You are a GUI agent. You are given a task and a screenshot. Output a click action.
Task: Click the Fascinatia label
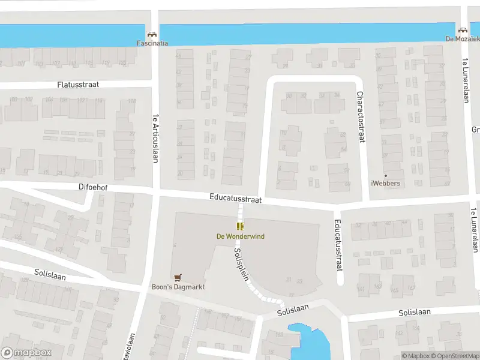[152, 43]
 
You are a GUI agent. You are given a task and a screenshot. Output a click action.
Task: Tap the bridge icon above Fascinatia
[152, 34]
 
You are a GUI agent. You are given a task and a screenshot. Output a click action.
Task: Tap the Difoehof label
[93, 187]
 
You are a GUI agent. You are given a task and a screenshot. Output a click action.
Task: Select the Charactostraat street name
[361, 116]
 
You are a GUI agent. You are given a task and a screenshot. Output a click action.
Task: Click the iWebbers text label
[386, 183]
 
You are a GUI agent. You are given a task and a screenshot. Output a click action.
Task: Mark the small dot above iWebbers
[386, 175]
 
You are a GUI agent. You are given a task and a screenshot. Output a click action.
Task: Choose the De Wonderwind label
[240, 236]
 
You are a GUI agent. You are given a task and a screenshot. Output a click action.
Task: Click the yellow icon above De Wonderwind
[240, 226]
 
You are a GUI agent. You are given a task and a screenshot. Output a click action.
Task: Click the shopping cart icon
[177, 277]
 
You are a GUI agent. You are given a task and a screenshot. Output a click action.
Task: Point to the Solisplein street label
[241, 265]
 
